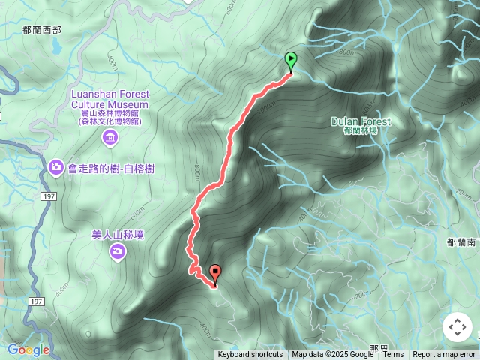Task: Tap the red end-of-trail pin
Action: point(216,274)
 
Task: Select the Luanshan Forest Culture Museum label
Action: point(109,100)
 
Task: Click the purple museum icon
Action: point(110,137)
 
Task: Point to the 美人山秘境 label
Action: point(118,235)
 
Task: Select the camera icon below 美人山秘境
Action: point(118,251)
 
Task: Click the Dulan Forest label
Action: point(361,121)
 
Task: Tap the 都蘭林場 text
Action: point(361,130)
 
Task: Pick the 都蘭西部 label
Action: point(42,31)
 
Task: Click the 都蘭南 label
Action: point(462,241)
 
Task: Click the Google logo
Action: point(28,349)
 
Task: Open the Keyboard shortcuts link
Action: point(250,355)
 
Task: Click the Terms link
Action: point(393,355)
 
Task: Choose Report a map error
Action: point(444,355)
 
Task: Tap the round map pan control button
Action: point(457,327)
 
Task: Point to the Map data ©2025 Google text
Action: point(332,355)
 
